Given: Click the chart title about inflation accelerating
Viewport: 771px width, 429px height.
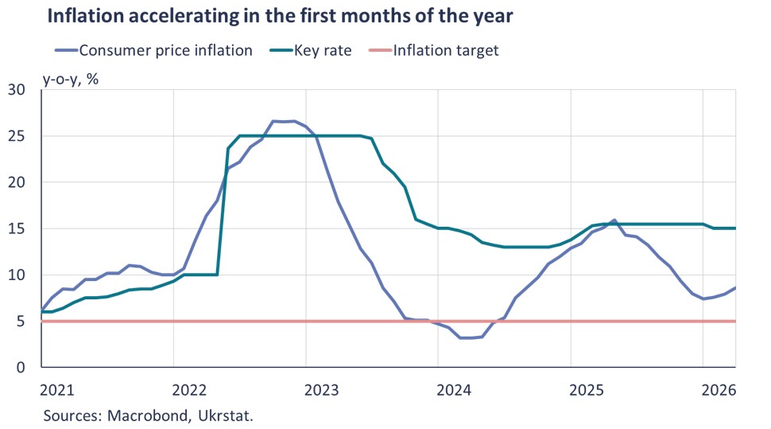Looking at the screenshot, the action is [x=280, y=16].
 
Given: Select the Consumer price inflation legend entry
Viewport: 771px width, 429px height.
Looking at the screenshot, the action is [x=153, y=50].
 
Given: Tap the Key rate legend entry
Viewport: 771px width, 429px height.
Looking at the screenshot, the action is [x=311, y=50].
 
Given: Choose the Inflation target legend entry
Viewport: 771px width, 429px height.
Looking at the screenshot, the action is [x=433, y=50].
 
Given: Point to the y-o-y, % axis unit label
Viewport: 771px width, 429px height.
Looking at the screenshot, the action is [x=71, y=79].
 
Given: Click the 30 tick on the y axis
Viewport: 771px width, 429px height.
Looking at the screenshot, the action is [x=16, y=90].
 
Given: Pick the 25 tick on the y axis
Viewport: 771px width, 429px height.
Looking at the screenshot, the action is [x=16, y=136].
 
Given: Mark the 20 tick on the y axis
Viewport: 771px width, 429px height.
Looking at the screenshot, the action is [x=16, y=182].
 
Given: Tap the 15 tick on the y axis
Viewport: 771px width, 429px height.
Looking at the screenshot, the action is [x=16, y=228].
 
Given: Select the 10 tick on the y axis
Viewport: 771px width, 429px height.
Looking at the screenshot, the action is [x=16, y=275].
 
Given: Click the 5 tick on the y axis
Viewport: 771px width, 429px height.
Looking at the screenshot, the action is [x=21, y=321].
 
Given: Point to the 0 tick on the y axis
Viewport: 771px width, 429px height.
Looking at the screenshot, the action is [x=21, y=368].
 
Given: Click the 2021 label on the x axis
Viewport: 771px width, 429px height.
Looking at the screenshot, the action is [x=57, y=390].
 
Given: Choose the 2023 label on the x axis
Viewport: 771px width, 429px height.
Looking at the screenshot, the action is [x=322, y=390].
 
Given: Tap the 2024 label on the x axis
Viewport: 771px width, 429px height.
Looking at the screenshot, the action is [x=454, y=390].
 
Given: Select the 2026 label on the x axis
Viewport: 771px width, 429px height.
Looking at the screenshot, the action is [x=719, y=390].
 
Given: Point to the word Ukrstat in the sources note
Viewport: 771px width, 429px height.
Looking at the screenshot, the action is [x=226, y=415].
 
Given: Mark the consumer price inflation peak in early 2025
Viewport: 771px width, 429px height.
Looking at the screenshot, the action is [x=614, y=220].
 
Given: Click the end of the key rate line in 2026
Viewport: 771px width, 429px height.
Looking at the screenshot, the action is [x=735, y=228].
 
